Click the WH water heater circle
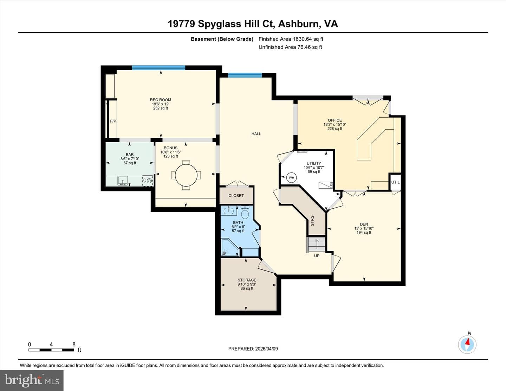click(291, 177)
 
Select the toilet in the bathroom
click(245, 212)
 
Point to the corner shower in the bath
click(230, 247)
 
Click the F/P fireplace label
click(113, 121)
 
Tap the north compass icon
click(467, 344)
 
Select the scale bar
click(51, 350)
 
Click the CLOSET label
click(236, 196)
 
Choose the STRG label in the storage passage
click(312, 221)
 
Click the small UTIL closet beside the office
click(395, 182)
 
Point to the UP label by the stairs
click(317, 256)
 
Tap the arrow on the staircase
click(317, 244)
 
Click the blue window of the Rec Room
click(158, 68)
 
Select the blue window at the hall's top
click(245, 75)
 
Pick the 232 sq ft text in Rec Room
click(161, 108)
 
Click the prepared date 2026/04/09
click(266, 348)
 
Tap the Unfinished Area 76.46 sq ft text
click(290, 47)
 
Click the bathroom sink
click(229, 211)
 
